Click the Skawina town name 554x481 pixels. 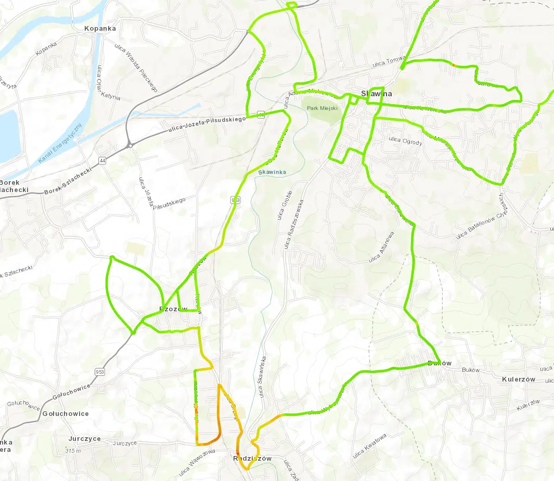coord(377,94)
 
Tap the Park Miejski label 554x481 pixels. coord(323,108)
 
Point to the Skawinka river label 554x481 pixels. coord(272,172)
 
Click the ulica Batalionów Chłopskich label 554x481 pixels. coord(481,219)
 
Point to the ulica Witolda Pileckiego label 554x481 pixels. coord(136,68)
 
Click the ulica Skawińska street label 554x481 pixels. coord(263,377)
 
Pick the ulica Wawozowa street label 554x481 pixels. coord(199,460)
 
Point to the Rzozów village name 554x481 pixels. coord(173,309)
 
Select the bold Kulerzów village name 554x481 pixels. coord(518,379)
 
